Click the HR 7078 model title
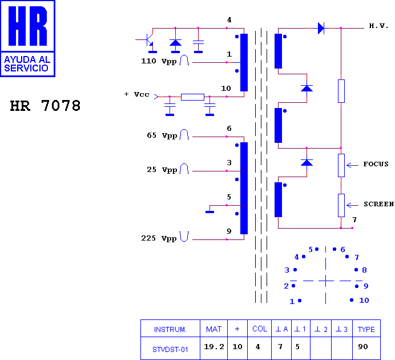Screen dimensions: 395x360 point(45,106)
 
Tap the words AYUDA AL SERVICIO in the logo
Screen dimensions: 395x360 point(27,64)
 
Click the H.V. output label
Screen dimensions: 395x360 point(378,26)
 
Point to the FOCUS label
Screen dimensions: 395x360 point(376,164)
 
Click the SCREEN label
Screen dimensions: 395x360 point(378,204)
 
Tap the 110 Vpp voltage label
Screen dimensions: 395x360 point(159,61)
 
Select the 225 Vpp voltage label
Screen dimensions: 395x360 point(159,238)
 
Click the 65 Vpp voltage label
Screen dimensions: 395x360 point(162,135)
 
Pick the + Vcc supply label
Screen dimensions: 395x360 point(137,94)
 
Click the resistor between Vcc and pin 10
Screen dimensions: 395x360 point(192,97)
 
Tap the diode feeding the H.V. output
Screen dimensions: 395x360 point(321,28)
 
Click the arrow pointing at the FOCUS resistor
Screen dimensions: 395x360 point(352,165)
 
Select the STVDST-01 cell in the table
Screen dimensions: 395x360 point(170,349)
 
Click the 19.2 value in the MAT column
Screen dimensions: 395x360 point(214,347)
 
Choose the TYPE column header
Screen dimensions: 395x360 point(366,329)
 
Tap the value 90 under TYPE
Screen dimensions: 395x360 point(363,347)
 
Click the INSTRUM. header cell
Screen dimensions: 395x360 point(170,329)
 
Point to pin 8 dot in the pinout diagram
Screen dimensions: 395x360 point(356,270)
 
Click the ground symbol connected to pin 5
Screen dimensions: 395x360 point(210,212)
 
